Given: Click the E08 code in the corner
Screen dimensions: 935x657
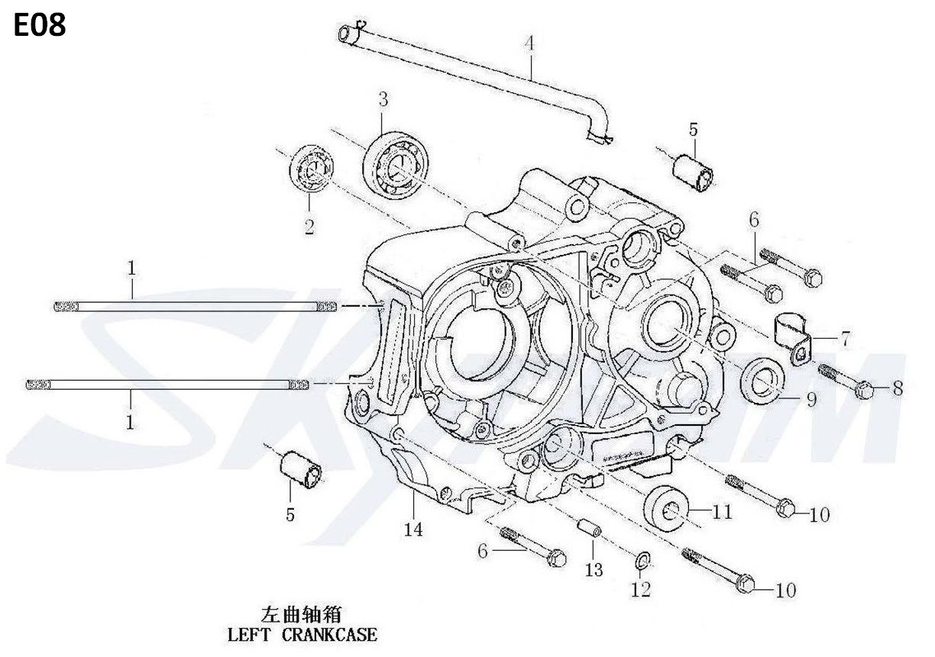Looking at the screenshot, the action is pos(40,25).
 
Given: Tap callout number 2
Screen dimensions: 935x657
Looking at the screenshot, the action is pos(309,227).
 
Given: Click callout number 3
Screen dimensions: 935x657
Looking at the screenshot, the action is pos(383,100).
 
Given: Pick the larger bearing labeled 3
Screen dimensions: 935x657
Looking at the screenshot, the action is pos(394,164).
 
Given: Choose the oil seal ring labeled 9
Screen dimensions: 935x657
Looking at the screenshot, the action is pos(762,378).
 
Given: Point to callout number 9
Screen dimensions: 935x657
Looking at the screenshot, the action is pos(811,400).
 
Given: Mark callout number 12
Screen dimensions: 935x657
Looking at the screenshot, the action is pos(641,589).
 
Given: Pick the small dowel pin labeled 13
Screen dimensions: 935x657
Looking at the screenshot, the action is pos(590,528).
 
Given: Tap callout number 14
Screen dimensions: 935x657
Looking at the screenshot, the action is pos(413,530).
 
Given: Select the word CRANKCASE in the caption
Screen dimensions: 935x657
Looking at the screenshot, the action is pos(330,635).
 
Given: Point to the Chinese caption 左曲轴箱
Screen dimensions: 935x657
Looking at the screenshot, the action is pos(301,614).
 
